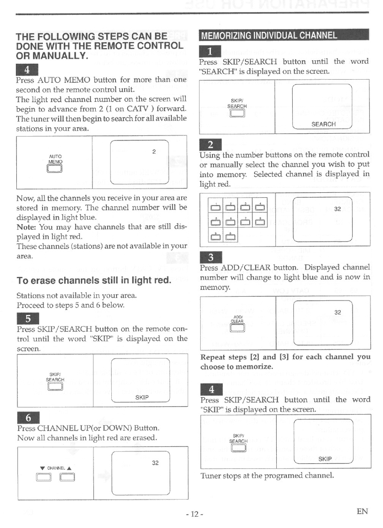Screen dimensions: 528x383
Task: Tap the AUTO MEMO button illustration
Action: pyautogui.click(x=55, y=168)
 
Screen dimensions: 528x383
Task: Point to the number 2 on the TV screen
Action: pyautogui.click(x=154, y=152)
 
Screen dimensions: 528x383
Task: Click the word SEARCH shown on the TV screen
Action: pyautogui.click(x=323, y=124)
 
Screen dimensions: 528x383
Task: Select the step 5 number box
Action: pyautogui.click(x=28, y=319)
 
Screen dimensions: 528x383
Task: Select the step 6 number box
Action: pyautogui.click(x=28, y=418)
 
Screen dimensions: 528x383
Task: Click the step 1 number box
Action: pyautogui.click(x=210, y=52)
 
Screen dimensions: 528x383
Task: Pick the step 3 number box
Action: pyautogui.click(x=211, y=257)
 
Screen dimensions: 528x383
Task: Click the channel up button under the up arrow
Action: pyautogui.click(x=67, y=478)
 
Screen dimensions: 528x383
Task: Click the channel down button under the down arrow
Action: pyautogui.click(x=43, y=478)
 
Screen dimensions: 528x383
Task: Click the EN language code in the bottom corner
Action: pyautogui.click(x=362, y=511)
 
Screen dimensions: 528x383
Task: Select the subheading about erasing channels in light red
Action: pyautogui.click(x=94, y=280)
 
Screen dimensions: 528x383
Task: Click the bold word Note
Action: pyautogui.click(x=26, y=227)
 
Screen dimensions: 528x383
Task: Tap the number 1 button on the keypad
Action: pyautogui.click(x=216, y=208)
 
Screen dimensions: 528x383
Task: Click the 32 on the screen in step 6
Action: pyautogui.click(x=155, y=463)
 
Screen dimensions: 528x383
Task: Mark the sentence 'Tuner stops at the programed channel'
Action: pyautogui.click(x=267, y=475)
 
